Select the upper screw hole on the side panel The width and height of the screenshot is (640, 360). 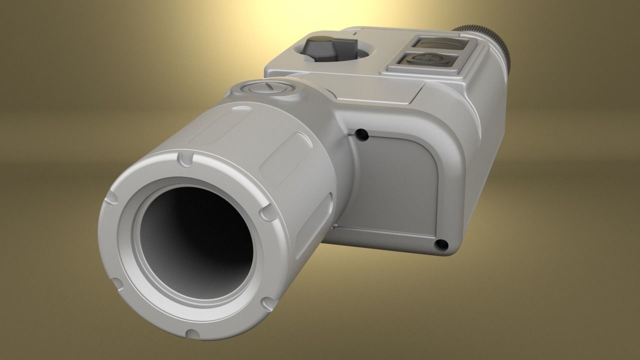point(359,134)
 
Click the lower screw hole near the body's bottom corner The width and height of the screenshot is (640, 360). point(440,244)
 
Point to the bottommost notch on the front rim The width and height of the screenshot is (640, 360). point(191,333)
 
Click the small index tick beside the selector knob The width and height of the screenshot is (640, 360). point(354,34)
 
